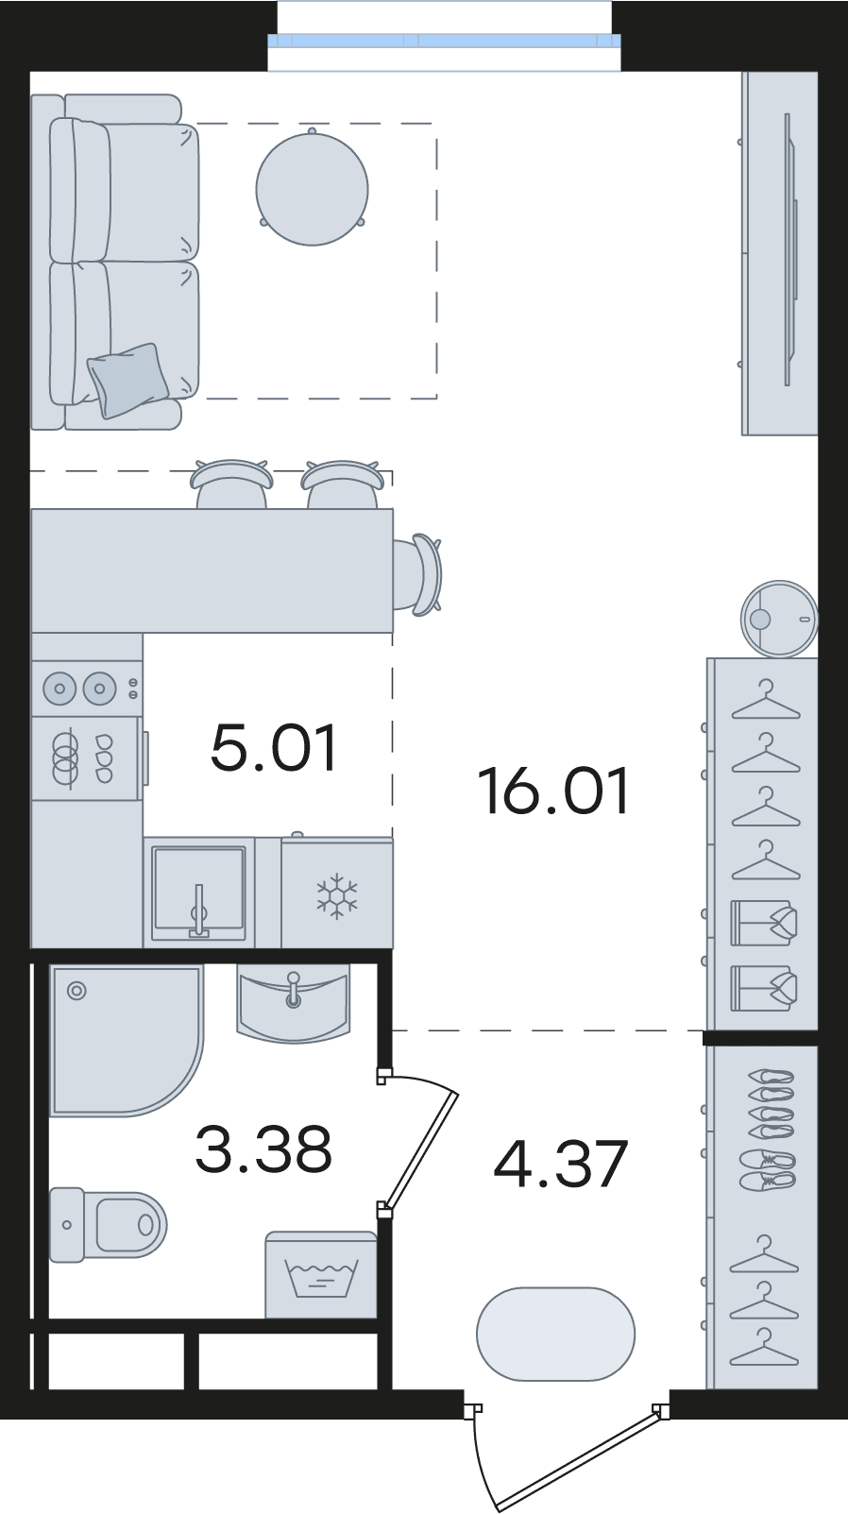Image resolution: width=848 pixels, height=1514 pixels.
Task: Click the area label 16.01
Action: tap(553, 791)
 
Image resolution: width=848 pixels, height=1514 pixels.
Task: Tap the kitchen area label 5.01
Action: tap(274, 748)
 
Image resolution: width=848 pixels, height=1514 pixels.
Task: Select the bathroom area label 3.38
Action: tap(263, 1148)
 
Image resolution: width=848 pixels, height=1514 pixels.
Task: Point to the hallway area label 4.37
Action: tap(561, 1164)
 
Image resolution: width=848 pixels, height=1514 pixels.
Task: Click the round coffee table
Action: tap(313, 189)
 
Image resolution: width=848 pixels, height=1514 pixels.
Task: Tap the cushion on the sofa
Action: tap(127, 380)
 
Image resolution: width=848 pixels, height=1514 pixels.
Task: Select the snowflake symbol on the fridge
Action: tap(337, 896)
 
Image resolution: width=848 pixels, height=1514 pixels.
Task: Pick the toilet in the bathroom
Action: tap(108, 1224)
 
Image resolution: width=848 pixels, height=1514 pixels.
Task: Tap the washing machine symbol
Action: tap(320, 1275)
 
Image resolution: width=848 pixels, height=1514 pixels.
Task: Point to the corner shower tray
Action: tap(127, 1042)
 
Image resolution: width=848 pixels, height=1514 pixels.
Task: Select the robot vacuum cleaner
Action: tap(779, 619)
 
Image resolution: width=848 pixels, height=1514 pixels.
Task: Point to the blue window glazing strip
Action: tap(444, 41)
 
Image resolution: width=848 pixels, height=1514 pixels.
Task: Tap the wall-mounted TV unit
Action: tap(780, 253)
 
